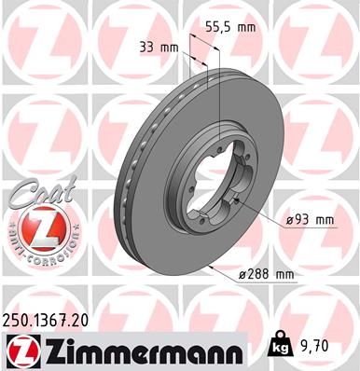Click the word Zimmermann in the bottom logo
point(140,350)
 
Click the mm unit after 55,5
point(245,29)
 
